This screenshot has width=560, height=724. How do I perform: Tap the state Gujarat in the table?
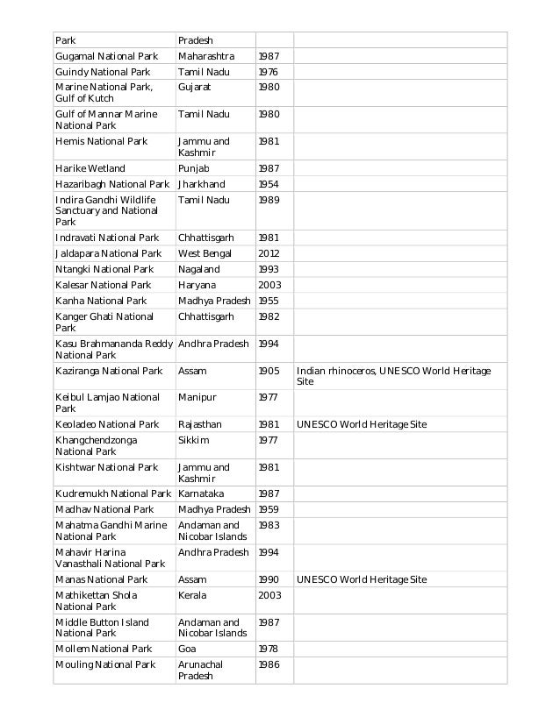click(195, 88)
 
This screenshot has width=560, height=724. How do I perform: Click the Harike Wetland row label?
click(90, 168)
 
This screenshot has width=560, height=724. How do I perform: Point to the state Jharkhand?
click(202, 184)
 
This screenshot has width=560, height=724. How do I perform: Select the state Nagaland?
click(199, 269)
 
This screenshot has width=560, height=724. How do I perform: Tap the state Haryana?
click(197, 285)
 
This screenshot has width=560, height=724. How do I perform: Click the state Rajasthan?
click(200, 424)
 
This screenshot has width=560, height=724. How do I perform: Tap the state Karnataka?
click(201, 493)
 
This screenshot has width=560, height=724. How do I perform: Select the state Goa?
click(188, 649)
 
